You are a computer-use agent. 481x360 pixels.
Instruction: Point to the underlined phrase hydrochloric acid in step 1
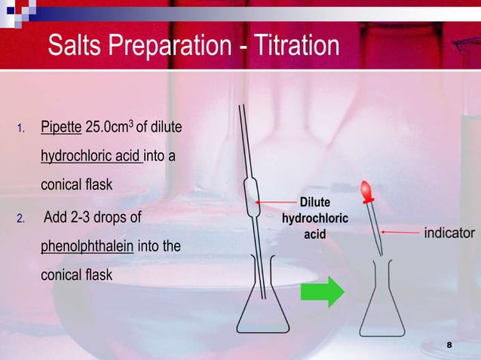tap(91, 158)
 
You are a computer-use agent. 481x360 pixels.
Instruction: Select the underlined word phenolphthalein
tap(87, 247)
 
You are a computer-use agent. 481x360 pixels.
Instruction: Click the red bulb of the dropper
tap(366, 192)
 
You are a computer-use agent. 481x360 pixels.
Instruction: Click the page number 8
tap(449, 344)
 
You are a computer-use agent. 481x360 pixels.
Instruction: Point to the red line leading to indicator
tap(403, 233)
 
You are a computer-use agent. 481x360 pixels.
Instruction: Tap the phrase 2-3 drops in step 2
tap(95, 218)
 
